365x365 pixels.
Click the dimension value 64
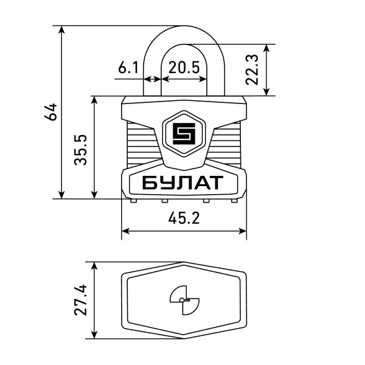pos(52,112)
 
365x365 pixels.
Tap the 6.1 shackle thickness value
pos(128,68)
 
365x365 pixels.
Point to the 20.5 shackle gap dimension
pos(184,68)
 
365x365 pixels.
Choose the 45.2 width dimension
pos(184,218)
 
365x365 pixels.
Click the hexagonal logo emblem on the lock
pos(184,134)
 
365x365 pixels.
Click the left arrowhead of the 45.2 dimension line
pos(125,231)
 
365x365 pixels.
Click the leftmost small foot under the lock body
pos(133,200)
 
